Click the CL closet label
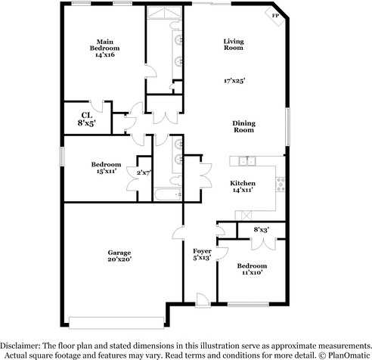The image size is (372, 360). [x=87, y=115]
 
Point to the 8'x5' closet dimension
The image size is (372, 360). [x=87, y=124]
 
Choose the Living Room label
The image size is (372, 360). [x=233, y=44]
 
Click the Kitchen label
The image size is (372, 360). [x=243, y=183]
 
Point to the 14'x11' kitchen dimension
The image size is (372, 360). [x=243, y=191]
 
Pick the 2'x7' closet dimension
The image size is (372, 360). [x=144, y=172]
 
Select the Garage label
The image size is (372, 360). [x=119, y=253]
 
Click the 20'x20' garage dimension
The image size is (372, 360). [x=119, y=261]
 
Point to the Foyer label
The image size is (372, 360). [x=201, y=250]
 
